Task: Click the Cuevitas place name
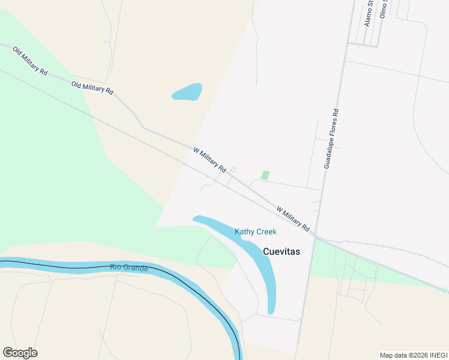coord(281,251)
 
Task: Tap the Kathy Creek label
coord(255,232)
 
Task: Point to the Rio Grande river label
coord(129,268)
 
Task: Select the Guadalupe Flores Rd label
coord(331,138)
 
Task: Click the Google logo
coord(20,353)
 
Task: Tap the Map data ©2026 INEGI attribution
coord(414,355)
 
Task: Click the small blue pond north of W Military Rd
coord(187,92)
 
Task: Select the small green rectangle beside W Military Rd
coord(265,175)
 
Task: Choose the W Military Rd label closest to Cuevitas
coord(293,220)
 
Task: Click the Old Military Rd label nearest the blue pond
coord(92,88)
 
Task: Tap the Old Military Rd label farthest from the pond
coord(30,61)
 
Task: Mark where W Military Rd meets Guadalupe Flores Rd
coord(316,237)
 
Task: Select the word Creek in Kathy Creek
coord(266,232)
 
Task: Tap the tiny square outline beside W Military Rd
coord(233,170)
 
